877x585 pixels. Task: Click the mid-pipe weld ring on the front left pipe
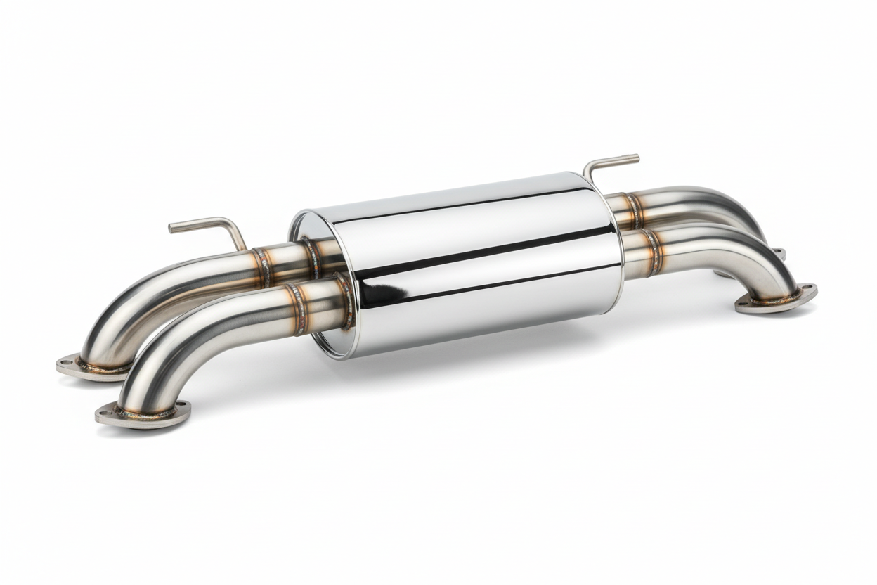297,309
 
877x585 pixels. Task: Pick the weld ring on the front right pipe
653,251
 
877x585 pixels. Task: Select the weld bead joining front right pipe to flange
777,297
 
